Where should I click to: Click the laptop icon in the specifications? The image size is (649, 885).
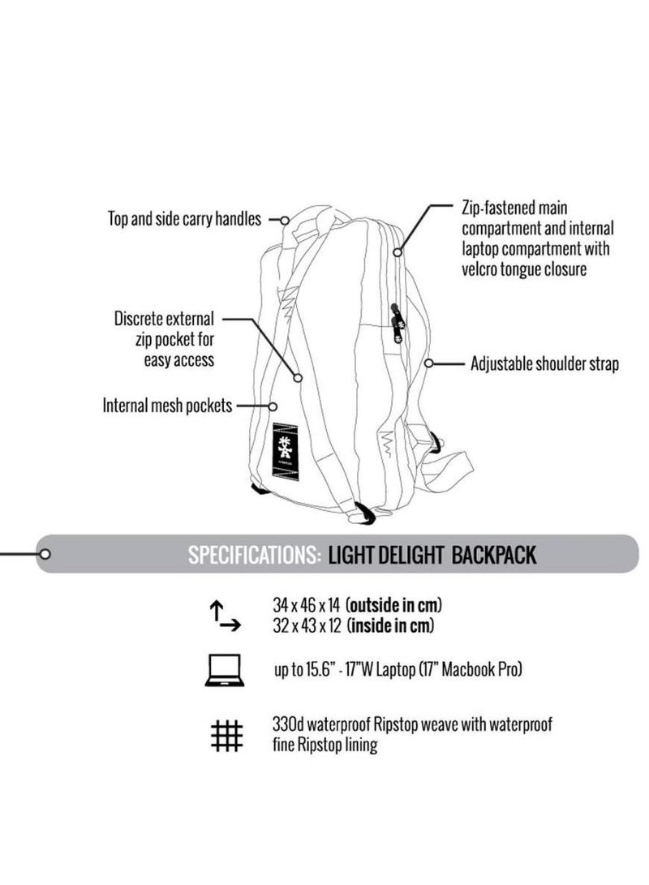225,671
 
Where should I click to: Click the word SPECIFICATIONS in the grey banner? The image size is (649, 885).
253,555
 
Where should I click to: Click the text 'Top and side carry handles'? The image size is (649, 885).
185,218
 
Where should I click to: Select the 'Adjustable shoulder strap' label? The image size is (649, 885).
544,363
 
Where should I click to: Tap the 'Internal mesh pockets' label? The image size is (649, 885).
168,405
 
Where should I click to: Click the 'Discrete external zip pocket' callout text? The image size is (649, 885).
165,338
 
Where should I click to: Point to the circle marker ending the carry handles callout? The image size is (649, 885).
286,219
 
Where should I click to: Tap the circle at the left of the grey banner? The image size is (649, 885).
45,555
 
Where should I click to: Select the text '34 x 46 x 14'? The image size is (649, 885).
307,606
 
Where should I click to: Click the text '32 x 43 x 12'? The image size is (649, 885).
307,625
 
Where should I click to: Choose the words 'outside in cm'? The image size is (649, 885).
396,606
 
